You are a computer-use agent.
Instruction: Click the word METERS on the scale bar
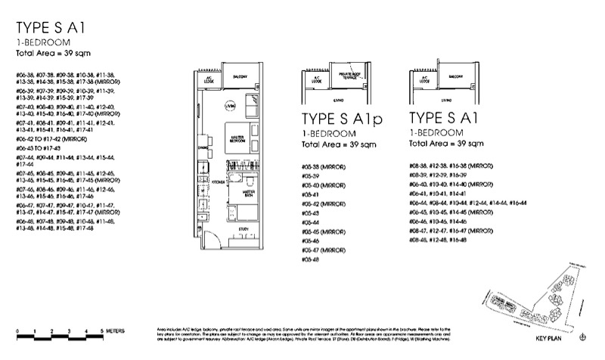click(x=118, y=332)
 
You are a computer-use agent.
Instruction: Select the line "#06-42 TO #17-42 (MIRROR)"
click(x=47, y=139)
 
